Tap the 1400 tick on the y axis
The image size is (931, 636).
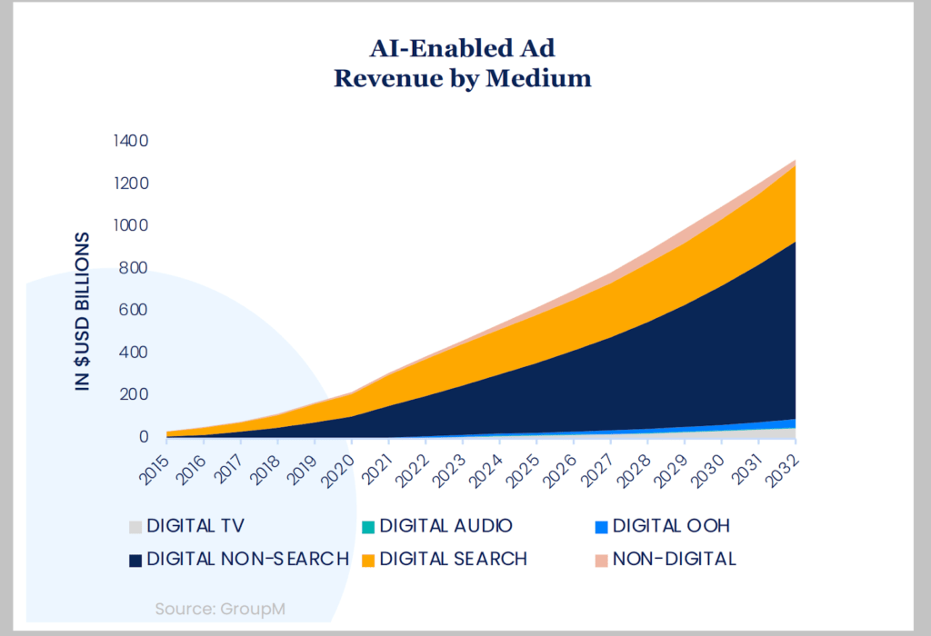click(130, 141)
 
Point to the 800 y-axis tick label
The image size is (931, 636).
click(133, 268)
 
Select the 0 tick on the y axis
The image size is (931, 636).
click(143, 437)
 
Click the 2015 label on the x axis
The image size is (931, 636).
click(155, 465)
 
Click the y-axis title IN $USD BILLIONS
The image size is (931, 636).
click(84, 312)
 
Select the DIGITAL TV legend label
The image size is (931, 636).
click(195, 526)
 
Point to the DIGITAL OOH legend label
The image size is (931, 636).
click(671, 526)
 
